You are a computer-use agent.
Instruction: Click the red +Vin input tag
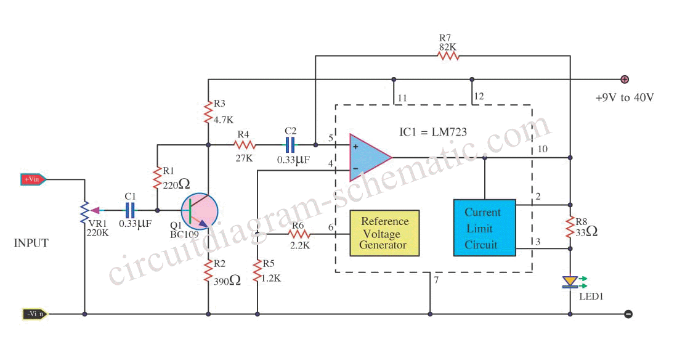33,179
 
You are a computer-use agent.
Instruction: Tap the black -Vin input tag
34,314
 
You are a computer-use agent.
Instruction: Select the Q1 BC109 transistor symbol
200,211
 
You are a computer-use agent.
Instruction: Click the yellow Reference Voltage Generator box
384,233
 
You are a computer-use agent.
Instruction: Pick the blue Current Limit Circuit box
484,227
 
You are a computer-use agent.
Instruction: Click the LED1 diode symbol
570,282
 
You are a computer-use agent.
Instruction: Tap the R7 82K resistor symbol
448,55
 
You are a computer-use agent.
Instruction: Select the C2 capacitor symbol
290,145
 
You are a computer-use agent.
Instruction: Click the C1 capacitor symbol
130,210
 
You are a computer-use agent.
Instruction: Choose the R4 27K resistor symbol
245,145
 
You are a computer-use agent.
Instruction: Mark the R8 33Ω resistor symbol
570,227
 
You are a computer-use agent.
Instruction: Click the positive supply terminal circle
625,79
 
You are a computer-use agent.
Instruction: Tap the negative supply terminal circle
628,314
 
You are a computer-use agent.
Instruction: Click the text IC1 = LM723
433,132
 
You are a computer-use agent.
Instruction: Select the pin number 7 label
436,280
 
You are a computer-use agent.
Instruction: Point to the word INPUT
31,243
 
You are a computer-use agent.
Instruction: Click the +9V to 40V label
625,97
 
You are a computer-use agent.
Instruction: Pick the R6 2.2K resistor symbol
299,234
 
